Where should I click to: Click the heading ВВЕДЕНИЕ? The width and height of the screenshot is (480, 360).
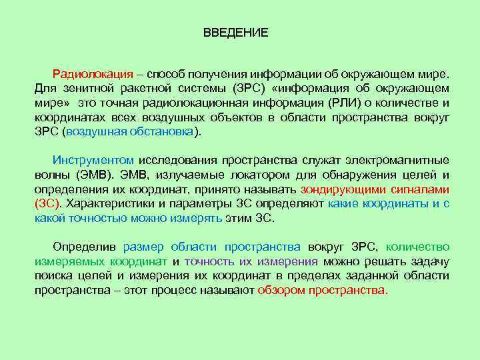click(236, 33)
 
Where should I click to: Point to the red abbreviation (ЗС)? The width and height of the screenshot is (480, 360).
click(47, 204)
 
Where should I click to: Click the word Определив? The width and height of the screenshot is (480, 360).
click(85, 247)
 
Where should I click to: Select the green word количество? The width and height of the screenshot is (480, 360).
click(417, 247)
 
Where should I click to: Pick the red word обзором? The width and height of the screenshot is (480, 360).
click(280, 291)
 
